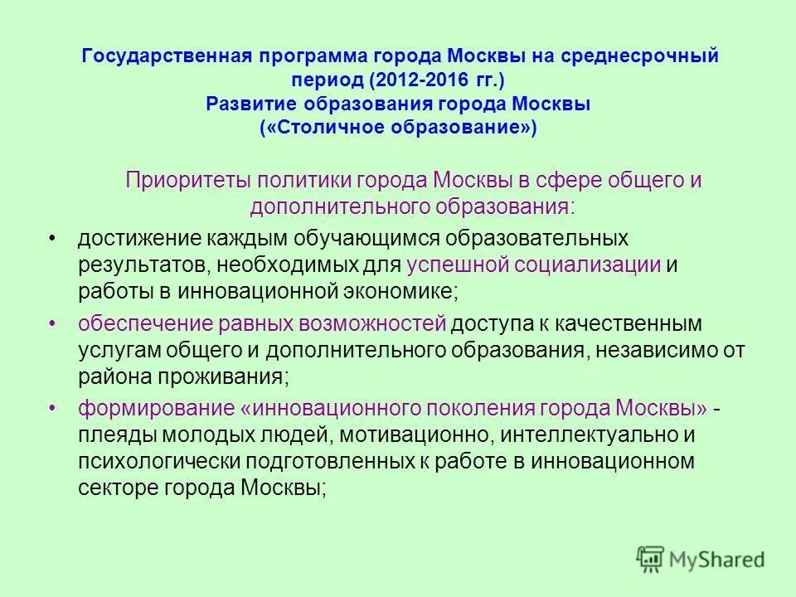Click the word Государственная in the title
click(x=160, y=57)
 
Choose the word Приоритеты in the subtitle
click(x=187, y=181)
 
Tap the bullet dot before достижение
click(x=52, y=238)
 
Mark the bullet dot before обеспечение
click(x=52, y=322)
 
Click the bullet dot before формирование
click(x=52, y=408)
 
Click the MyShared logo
click(x=700, y=558)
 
